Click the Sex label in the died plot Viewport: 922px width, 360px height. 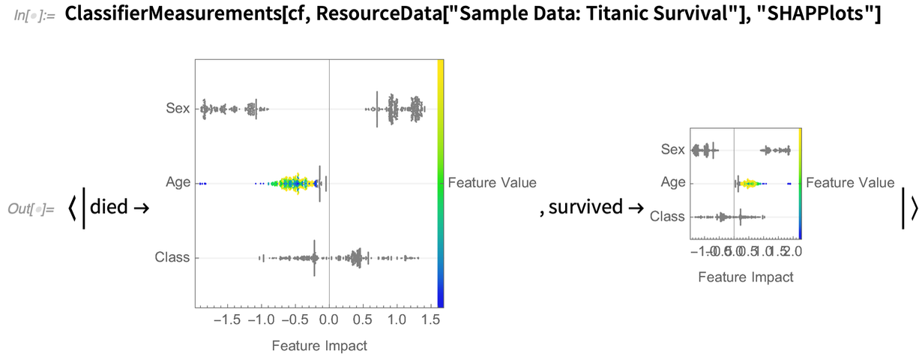(178, 109)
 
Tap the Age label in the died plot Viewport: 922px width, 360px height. (178, 183)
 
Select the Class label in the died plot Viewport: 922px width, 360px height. (172, 258)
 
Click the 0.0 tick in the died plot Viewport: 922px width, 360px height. (329, 321)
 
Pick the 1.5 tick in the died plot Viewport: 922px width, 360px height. (430, 321)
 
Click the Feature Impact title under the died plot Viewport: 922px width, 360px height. (319, 346)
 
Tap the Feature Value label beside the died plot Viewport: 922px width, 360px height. (492, 183)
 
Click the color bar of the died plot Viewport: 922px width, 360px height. (441, 183)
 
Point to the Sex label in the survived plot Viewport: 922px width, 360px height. (673, 150)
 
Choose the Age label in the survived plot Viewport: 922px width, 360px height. (673, 183)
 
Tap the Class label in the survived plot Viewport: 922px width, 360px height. (667, 217)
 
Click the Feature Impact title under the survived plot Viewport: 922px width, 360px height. (745, 277)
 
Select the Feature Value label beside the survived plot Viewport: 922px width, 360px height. (850, 183)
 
